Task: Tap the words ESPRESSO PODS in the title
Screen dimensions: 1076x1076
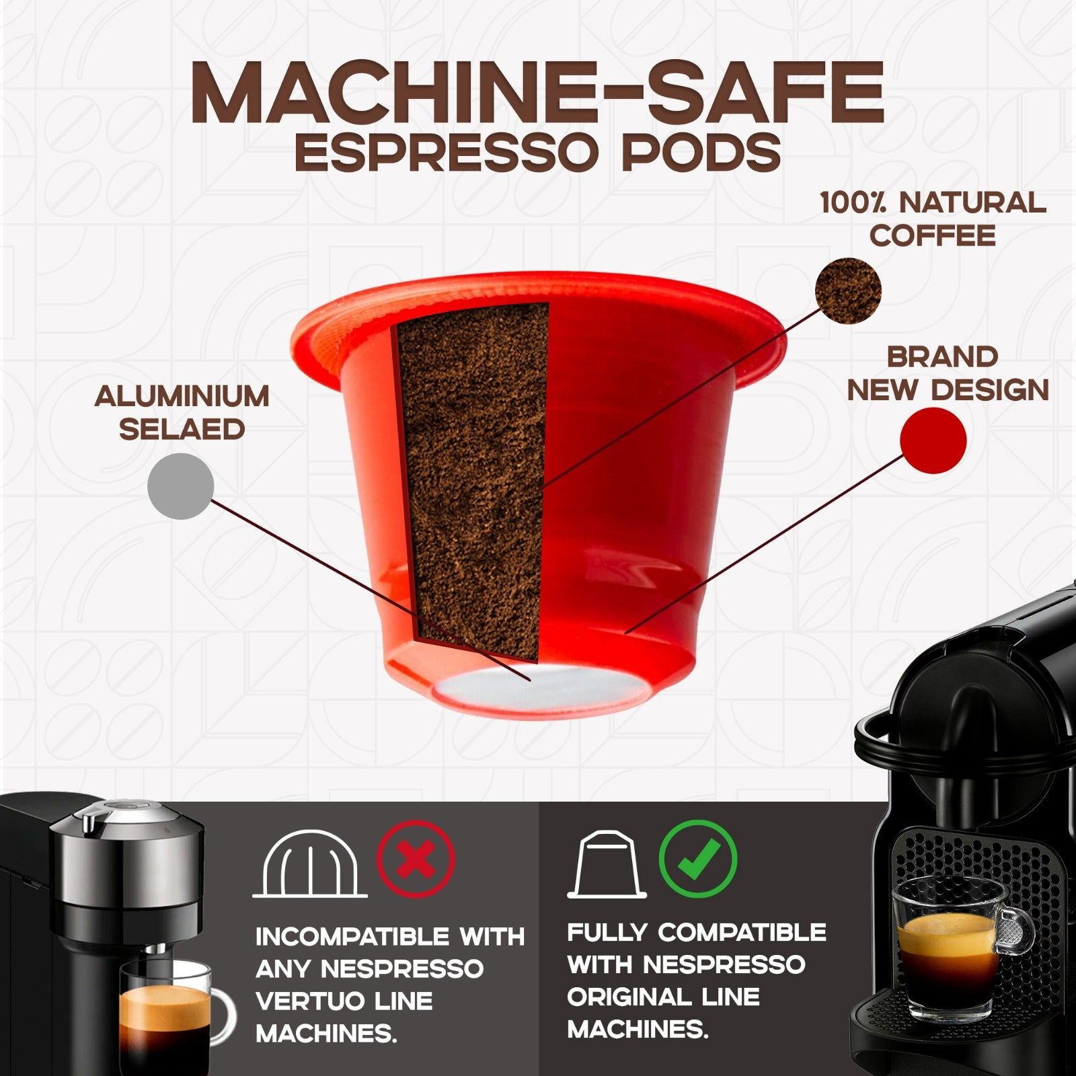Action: [x=537, y=153]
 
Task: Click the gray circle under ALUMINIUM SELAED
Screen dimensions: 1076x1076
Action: [x=180, y=486]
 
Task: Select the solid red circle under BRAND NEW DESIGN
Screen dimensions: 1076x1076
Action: [x=933, y=440]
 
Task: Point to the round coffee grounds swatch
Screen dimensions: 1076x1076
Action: [x=847, y=291]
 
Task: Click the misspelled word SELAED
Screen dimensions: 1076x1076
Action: [x=182, y=430]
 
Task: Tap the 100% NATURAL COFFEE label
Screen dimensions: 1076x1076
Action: [x=933, y=219]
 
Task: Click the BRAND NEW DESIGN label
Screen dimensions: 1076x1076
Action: [x=947, y=374]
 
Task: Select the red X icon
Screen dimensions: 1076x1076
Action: [x=415, y=859]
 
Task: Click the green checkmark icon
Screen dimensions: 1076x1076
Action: [x=697, y=859]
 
